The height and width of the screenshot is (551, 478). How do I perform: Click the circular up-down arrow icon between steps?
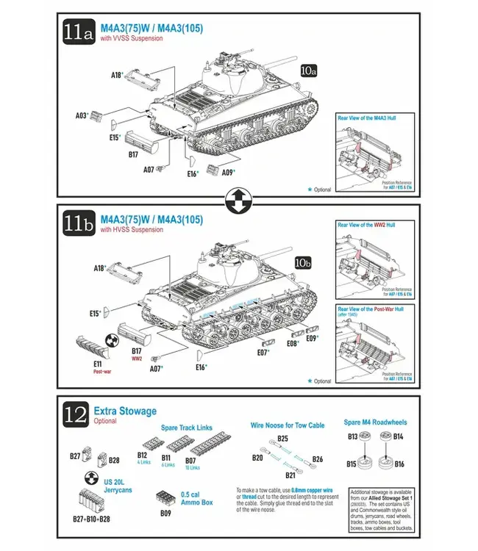(x=239, y=198)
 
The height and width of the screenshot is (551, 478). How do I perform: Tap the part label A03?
(x=82, y=115)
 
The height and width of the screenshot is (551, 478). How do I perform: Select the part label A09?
(x=227, y=173)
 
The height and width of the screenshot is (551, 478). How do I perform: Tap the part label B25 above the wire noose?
(x=282, y=439)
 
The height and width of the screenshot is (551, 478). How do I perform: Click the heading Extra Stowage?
(x=125, y=411)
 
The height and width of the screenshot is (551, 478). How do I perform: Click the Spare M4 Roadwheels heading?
(x=375, y=422)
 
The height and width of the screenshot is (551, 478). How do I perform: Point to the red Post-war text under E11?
(x=103, y=372)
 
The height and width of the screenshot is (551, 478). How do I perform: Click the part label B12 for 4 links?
(x=143, y=455)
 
